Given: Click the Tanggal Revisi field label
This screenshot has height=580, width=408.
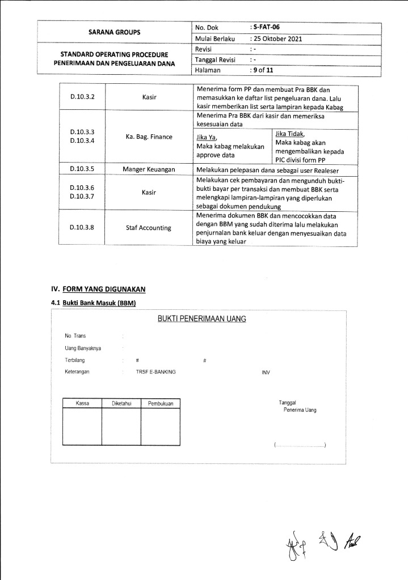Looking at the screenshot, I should click(216, 59).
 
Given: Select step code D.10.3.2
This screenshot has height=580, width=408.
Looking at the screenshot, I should click(82, 97).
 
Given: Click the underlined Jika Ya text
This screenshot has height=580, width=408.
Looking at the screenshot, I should click(207, 137).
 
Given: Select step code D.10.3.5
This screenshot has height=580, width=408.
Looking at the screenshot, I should click(82, 169).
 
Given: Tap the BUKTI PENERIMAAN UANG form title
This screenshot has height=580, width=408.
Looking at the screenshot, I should click(201, 319).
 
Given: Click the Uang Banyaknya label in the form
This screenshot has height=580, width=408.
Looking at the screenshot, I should click(83, 348).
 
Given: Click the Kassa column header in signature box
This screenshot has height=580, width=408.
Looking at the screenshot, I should click(82, 403).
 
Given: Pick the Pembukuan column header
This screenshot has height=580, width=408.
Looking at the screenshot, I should click(160, 403).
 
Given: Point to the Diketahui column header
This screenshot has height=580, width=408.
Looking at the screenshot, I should click(121, 403).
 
